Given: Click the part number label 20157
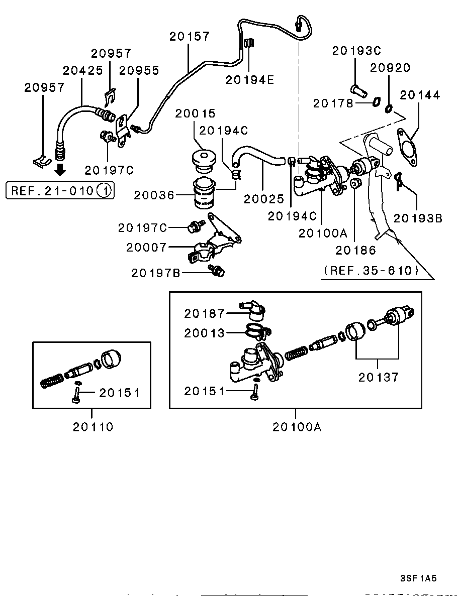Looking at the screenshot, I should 189,36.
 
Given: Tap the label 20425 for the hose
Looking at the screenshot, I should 82,70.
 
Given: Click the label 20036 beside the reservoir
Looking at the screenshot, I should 154,195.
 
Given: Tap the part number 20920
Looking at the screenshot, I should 391,68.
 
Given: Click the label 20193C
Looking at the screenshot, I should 356,51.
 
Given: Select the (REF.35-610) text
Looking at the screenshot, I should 372,271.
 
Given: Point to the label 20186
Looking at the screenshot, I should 356,249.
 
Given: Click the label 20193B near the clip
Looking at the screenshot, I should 418,218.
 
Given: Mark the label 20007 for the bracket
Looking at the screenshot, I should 146,247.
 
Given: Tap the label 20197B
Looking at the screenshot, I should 156,273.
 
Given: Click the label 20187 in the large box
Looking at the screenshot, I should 204,314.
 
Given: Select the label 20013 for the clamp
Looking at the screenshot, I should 204,332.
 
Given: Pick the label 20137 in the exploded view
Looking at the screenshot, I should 379,377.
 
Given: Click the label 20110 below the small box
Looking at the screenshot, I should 93,427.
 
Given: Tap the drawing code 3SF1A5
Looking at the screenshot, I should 418,578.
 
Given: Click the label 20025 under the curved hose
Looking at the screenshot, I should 264,199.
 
